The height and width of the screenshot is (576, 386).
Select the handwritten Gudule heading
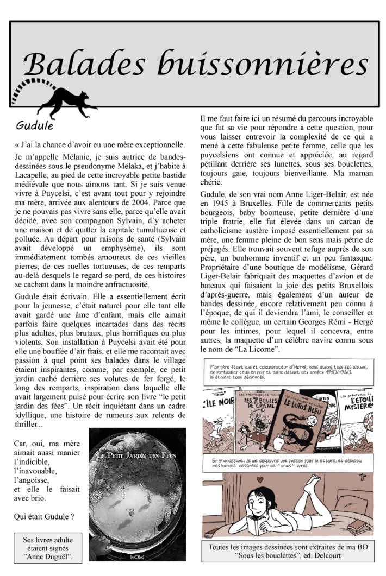pyautogui.click(x=34, y=126)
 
